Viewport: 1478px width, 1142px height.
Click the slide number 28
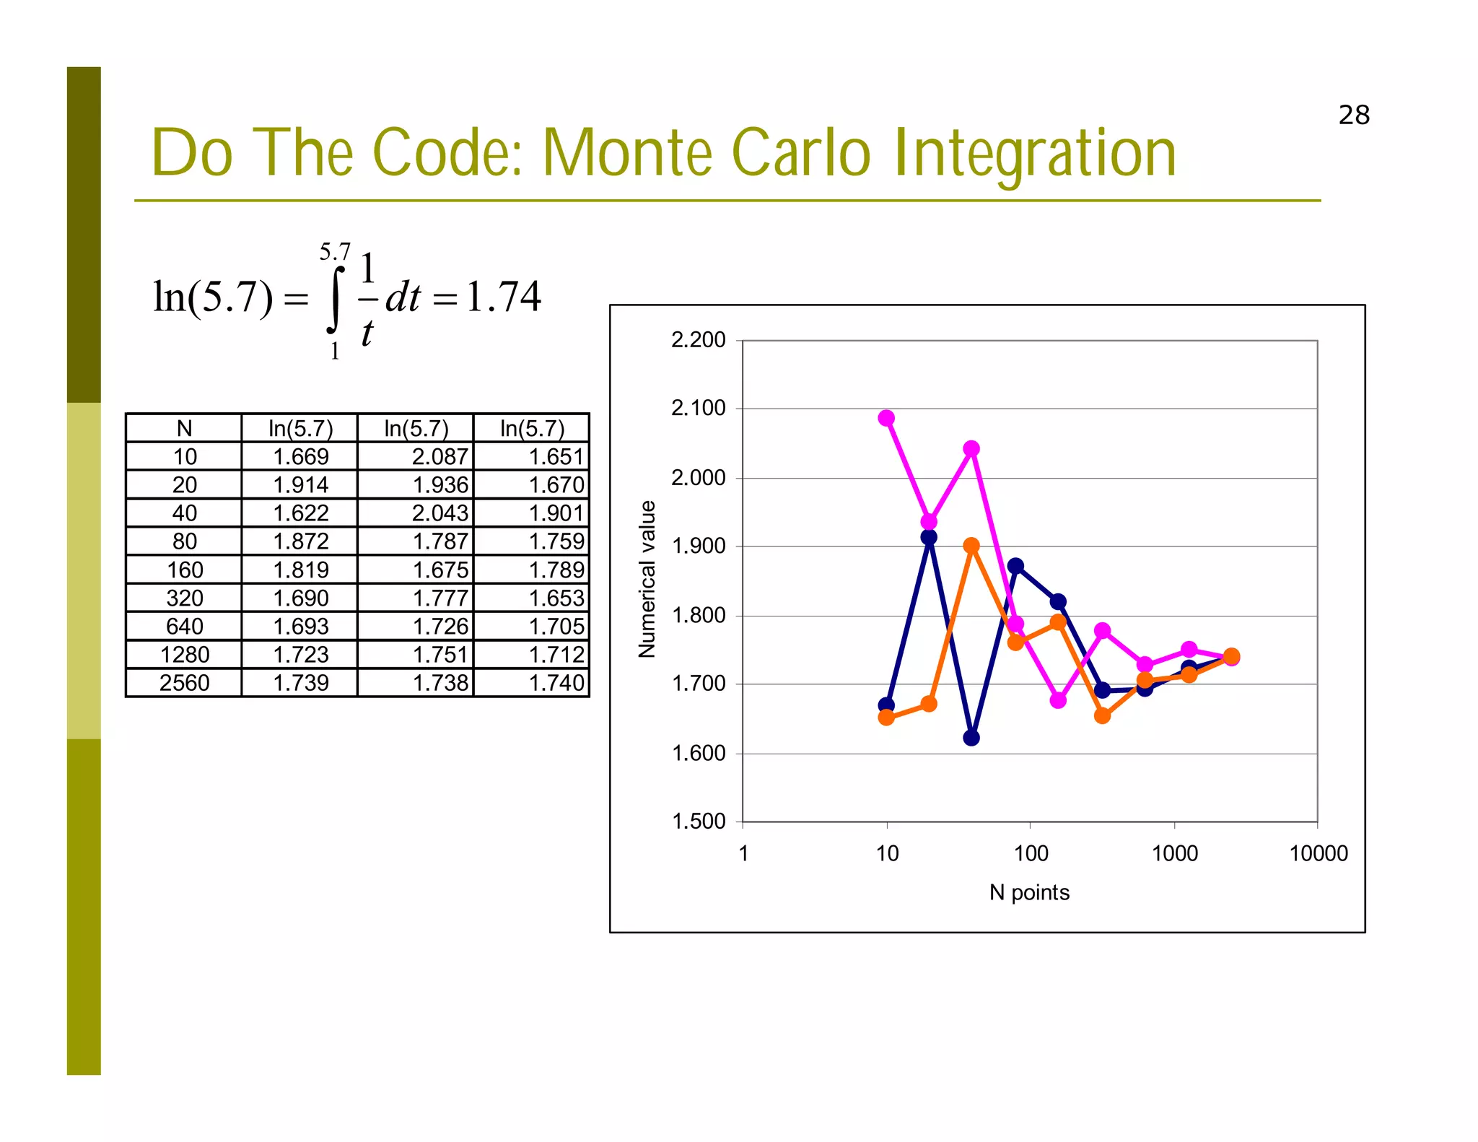(1353, 115)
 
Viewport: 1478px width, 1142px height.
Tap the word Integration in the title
(1034, 154)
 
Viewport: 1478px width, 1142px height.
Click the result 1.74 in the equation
(503, 297)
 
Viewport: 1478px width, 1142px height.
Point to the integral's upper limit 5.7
(335, 252)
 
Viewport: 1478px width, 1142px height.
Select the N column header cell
(184, 428)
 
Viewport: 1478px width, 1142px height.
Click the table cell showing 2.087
(440, 456)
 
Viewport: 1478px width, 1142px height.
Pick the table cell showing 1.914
(300, 484)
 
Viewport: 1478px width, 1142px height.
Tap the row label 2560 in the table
(184, 682)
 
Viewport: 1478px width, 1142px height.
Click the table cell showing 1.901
(555, 513)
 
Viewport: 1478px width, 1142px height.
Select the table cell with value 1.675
(440, 570)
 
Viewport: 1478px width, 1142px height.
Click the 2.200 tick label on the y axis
(698, 339)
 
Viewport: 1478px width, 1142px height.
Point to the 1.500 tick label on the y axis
(698, 821)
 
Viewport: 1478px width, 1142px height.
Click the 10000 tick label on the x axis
(1318, 853)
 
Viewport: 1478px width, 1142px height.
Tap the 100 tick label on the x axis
(1031, 853)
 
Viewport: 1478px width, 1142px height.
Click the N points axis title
(1029, 892)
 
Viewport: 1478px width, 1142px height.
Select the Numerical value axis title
(647, 579)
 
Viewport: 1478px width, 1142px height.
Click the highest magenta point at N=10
(886, 418)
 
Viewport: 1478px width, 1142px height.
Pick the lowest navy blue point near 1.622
(971, 738)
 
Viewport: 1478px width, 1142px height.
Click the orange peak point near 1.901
(971, 546)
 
